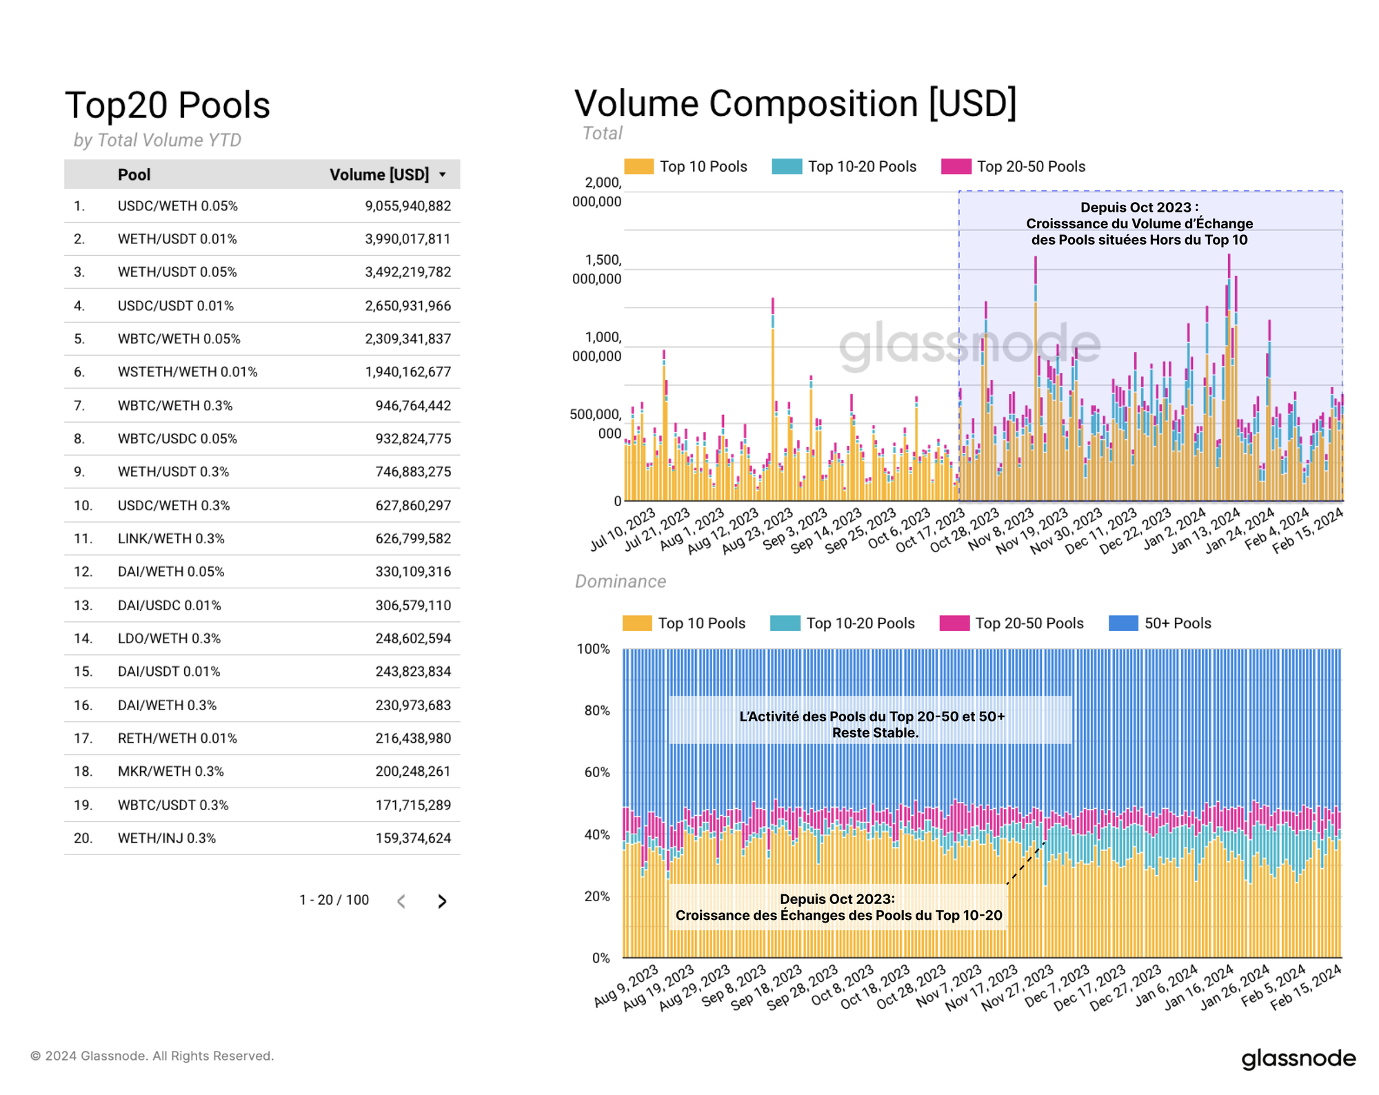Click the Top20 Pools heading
[x=168, y=106]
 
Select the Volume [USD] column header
[x=379, y=174]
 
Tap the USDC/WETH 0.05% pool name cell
[x=177, y=206]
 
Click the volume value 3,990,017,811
[x=407, y=239]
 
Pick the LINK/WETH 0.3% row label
[x=171, y=539]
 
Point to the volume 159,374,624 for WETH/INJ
[x=413, y=838]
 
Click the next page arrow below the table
[x=442, y=901]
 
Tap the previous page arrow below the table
[x=401, y=901]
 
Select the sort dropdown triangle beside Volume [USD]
[x=443, y=175]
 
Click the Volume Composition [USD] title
[x=795, y=103]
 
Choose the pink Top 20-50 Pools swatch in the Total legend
[x=956, y=166]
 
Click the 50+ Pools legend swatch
[x=1123, y=623]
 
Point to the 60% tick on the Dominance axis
[x=597, y=772]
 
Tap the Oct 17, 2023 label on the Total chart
[x=931, y=530]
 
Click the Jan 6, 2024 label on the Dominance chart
[x=1167, y=986]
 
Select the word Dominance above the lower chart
[x=621, y=581]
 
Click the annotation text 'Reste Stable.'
[x=875, y=733]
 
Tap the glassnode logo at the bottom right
[x=1298, y=1058]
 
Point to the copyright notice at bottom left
[x=152, y=1056]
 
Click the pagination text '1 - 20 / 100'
[x=334, y=900]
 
